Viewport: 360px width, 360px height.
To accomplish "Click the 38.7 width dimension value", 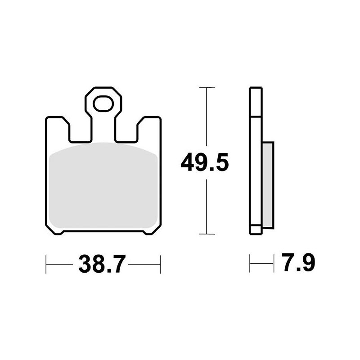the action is click(x=102, y=264).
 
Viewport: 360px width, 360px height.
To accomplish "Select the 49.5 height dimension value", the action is click(x=205, y=162).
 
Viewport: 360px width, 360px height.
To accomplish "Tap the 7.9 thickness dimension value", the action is click(x=298, y=262).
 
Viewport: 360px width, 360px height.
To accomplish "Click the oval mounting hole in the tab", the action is click(x=103, y=103).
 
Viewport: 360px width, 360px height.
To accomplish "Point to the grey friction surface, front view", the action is click(x=103, y=185).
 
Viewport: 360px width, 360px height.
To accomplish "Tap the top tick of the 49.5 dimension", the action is click(x=207, y=87).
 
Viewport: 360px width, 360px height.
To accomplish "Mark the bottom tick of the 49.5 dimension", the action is click(x=207, y=234).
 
